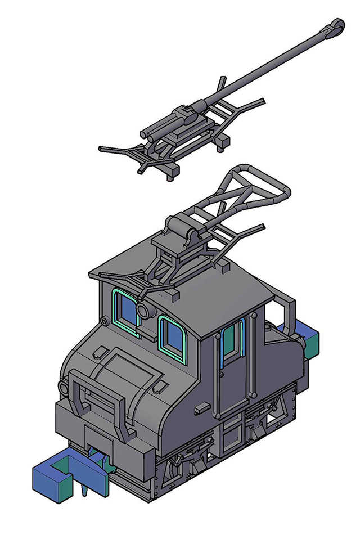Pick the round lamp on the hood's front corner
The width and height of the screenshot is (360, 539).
click(64, 387)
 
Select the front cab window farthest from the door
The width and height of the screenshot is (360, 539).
click(127, 311)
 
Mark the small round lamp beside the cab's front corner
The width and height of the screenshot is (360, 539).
click(105, 321)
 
